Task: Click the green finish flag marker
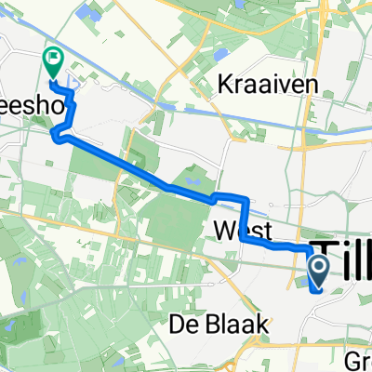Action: coord(52,62)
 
